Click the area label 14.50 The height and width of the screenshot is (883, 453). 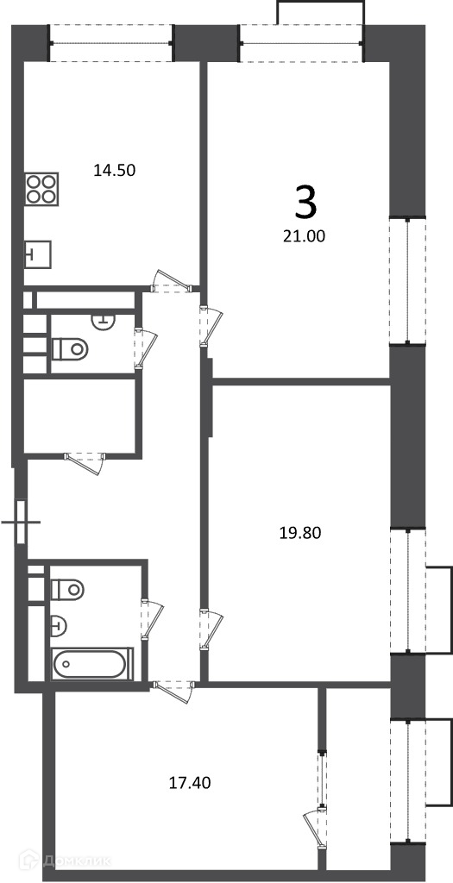pyautogui.click(x=115, y=170)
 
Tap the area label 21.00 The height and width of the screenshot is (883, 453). pyautogui.click(x=305, y=236)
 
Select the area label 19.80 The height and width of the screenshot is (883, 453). pyautogui.click(x=300, y=533)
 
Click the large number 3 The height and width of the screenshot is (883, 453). pyautogui.click(x=306, y=204)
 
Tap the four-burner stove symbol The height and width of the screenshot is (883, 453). pyautogui.click(x=41, y=189)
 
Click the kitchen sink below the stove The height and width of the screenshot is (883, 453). pyautogui.click(x=38, y=254)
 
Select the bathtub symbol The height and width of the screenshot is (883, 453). pyautogui.click(x=91, y=664)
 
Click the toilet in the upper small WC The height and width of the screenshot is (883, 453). pyautogui.click(x=71, y=349)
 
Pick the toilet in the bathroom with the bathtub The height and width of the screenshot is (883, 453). pyautogui.click(x=67, y=590)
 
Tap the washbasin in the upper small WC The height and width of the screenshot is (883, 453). pyautogui.click(x=103, y=320)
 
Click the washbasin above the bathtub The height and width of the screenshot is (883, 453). pyautogui.click(x=60, y=624)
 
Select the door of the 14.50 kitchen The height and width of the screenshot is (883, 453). pyautogui.click(x=170, y=283)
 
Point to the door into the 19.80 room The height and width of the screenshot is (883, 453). pyautogui.click(x=211, y=629)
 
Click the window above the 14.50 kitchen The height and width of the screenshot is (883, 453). pyautogui.click(x=112, y=43)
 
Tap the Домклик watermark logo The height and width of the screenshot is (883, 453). pyautogui.click(x=66, y=861)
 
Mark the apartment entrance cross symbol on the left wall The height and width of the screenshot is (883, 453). pyautogui.click(x=22, y=522)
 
